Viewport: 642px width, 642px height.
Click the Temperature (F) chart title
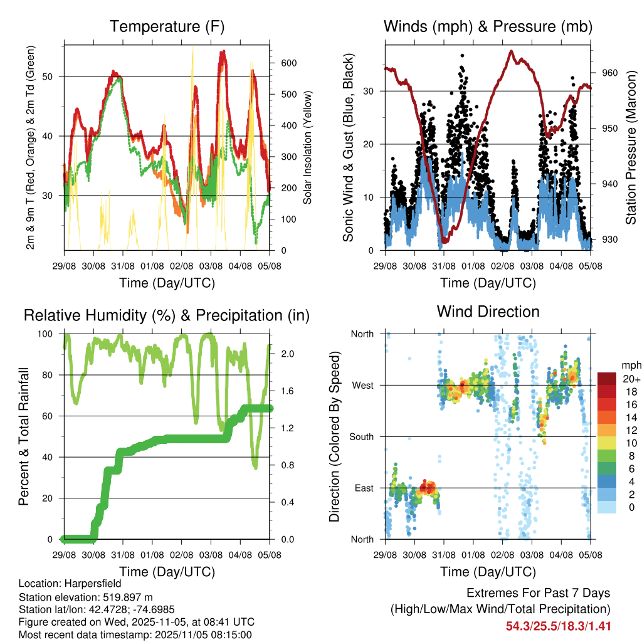pos(167,27)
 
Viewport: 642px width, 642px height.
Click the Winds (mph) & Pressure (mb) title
pos(488,27)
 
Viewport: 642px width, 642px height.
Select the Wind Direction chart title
pos(488,311)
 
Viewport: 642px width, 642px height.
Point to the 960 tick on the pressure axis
pos(609,73)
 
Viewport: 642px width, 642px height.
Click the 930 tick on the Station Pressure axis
pos(609,239)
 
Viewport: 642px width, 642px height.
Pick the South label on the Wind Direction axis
pos(362,436)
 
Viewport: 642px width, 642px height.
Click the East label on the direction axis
pos(364,488)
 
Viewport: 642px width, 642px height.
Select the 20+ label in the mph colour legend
pos(631,379)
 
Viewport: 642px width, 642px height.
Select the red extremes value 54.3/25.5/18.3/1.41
pos(558,626)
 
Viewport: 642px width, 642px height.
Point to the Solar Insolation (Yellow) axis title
pos(307,147)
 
